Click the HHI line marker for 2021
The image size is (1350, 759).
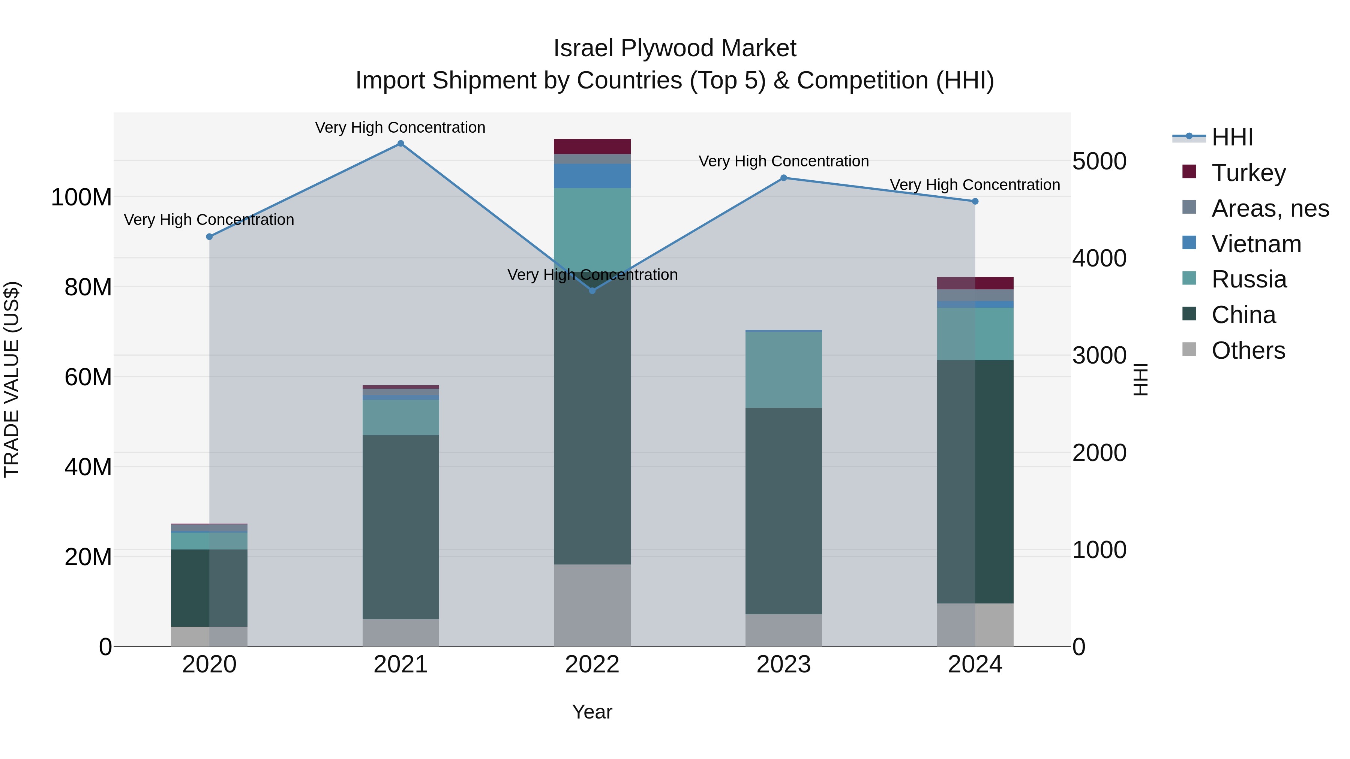click(x=400, y=144)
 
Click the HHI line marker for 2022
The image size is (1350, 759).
click(x=592, y=291)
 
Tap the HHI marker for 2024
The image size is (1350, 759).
click(x=975, y=201)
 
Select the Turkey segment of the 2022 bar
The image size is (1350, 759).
click(x=592, y=147)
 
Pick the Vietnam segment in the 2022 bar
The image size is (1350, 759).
click(x=592, y=176)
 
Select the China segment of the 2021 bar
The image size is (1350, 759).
click(x=400, y=527)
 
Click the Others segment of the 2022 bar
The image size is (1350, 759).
click(x=592, y=605)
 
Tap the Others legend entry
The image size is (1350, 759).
click(x=1248, y=350)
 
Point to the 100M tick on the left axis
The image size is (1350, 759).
click(x=81, y=198)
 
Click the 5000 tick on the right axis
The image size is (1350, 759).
click(x=1099, y=161)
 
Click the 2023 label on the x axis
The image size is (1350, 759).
click(x=783, y=665)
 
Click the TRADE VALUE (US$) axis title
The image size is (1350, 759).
click(x=12, y=379)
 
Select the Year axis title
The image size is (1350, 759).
click(x=592, y=712)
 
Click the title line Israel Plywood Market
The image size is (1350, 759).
click(x=675, y=48)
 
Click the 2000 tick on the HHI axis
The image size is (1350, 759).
click(x=1099, y=452)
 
